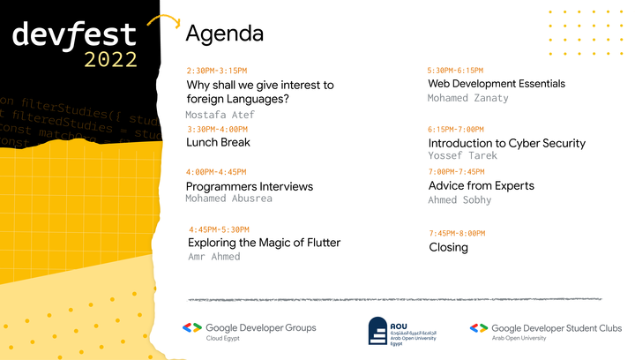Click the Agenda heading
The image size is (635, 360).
[x=224, y=34]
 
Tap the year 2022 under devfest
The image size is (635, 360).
[x=111, y=59]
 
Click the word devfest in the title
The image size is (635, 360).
[x=74, y=34]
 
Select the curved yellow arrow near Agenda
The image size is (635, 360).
[x=163, y=23]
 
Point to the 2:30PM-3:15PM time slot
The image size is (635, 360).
[x=217, y=70]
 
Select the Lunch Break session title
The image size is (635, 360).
[x=218, y=142]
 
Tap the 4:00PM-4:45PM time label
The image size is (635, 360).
[x=216, y=171]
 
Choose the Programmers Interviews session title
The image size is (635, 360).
[x=250, y=186]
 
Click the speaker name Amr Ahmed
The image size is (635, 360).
[x=214, y=257]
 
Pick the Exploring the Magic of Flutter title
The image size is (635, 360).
[x=264, y=243]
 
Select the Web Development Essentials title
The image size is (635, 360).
[x=497, y=84]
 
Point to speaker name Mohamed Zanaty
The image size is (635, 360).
[x=468, y=98]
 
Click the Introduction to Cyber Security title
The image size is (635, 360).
[x=507, y=143]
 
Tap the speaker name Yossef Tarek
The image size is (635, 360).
[x=463, y=156]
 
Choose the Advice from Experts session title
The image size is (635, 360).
[x=482, y=185]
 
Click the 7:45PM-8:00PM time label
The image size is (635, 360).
[x=457, y=233]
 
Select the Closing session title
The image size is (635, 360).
[x=448, y=247]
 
